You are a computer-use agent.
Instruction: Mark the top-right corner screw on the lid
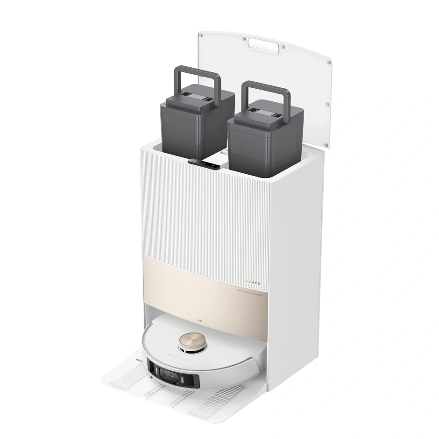(329, 62)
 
